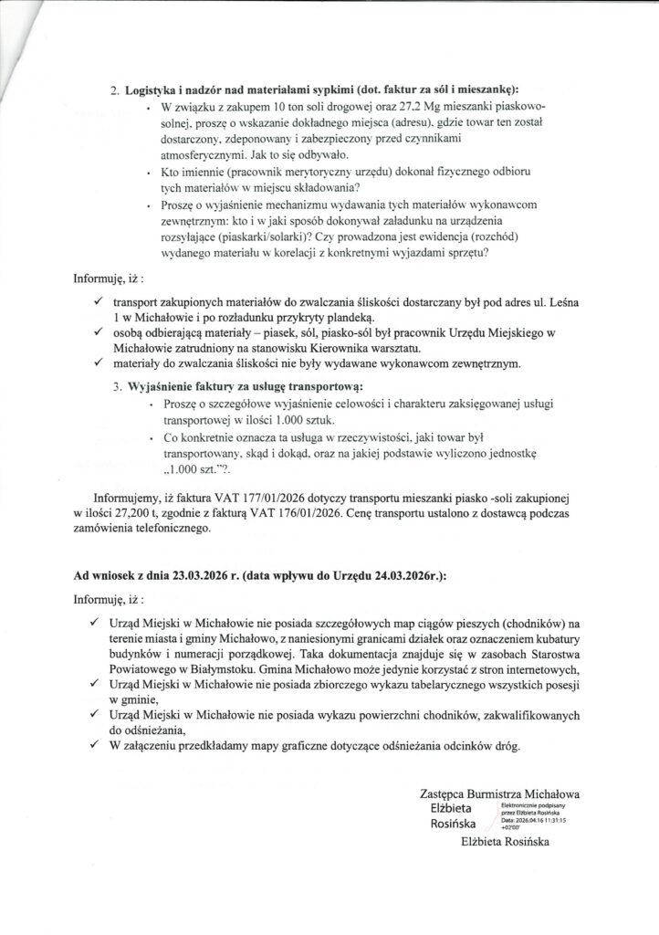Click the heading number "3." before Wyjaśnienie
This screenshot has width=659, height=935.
[119, 387]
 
